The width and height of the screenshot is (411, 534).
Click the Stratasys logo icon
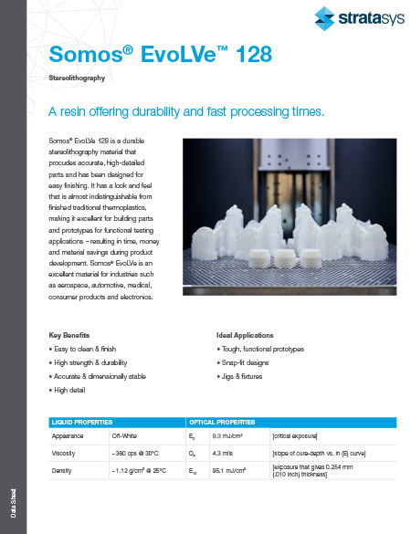click(325, 16)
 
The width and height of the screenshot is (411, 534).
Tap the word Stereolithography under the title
click(79, 79)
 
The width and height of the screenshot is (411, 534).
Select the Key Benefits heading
click(69, 335)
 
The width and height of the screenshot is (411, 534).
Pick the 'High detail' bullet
click(67, 389)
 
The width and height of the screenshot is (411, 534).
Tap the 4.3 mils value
click(222, 453)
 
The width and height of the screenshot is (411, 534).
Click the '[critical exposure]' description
click(298, 436)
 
